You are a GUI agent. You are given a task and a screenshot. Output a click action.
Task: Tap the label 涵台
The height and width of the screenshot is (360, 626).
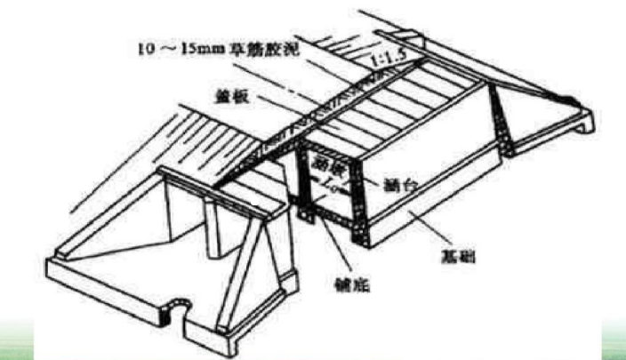click(394, 188)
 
